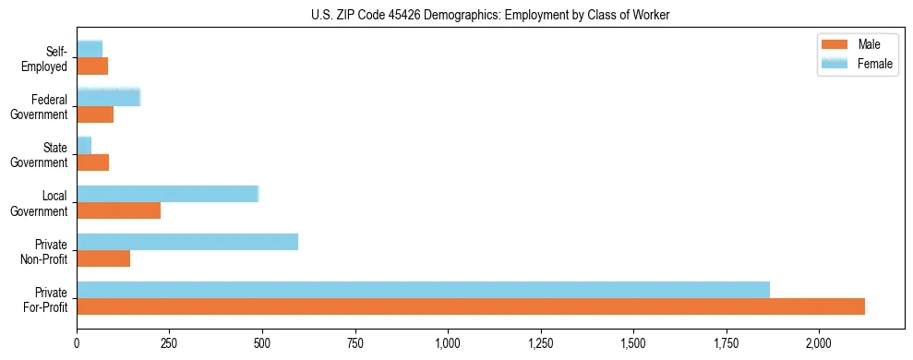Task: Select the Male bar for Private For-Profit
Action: [x=471, y=306]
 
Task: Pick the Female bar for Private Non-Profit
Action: [x=187, y=242]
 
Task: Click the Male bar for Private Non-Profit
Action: [x=103, y=258]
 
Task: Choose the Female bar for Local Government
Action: [x=167, y=194]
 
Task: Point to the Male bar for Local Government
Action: [x=118, y=210]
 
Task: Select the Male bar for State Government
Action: [x=92, y=162]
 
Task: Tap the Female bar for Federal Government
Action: [x=108, y=97]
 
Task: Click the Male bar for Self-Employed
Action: [x=92, y=66]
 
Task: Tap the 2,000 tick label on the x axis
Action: [x=819, y=343]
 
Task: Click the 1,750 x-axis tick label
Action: [x=726, y=343]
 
